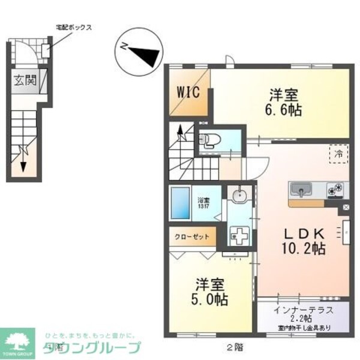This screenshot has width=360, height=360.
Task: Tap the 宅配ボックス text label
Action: pyautogui.click(x=74, y=27)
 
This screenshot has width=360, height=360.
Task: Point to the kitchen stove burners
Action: pyautogui.click(x=335, y=190)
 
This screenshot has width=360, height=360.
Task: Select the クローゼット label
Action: pyautogui.click(x=192, y=236)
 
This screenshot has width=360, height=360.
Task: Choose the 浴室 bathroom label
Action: pyautogui.click(x=203, y=203)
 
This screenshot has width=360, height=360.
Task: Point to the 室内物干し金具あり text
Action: pyautogui.click(x=303, y=328)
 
